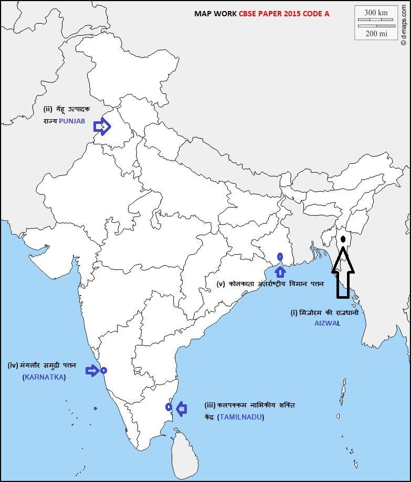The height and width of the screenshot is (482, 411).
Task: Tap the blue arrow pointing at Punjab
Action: coord(102,127)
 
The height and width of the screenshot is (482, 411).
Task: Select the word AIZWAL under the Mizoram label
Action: coord(323,323)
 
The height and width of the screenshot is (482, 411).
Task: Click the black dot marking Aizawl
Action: coord(343,239)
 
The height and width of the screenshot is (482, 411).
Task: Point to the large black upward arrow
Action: coord(343,273)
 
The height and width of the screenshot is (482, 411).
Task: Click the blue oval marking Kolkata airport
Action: coord(280,257)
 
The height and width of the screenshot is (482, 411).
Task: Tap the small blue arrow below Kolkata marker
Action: coord(280,271)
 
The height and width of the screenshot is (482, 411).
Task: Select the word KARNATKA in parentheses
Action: coord(44,378)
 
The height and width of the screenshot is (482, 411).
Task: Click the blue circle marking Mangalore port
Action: coord(103,370)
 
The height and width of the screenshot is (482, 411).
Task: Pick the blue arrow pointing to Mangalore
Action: coord(92,371)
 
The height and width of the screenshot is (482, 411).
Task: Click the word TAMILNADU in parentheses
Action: coord(241,417)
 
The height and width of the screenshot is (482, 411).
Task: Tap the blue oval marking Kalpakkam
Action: coord(168,407)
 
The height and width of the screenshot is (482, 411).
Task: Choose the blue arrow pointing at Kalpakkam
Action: coord(182,408)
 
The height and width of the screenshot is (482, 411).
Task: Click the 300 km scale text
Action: coord(376,12)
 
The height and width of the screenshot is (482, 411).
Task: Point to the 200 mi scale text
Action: coord(376,33)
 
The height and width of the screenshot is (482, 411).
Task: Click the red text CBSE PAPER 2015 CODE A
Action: coord(284,14)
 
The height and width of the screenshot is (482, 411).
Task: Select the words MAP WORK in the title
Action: coord(216,14)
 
